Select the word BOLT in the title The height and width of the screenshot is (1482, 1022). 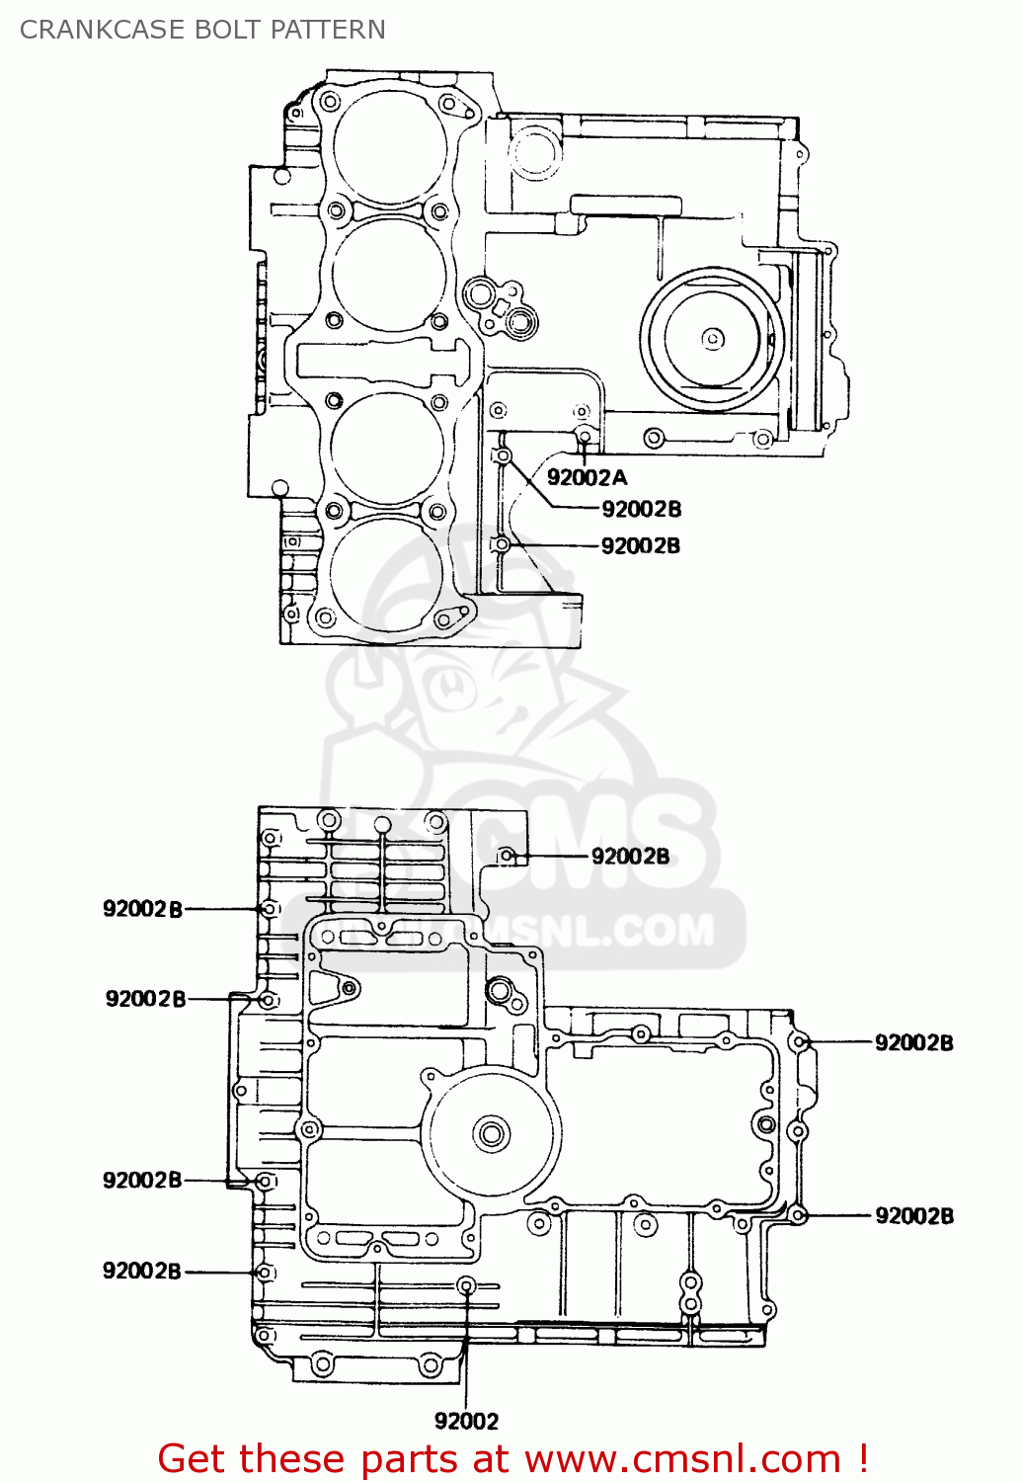(230, 30)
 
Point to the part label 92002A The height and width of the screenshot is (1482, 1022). (587, 478)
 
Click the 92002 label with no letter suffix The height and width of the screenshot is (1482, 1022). (466, 1421)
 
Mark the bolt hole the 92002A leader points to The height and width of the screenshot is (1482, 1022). (585, 436)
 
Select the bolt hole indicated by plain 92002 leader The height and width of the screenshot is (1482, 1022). (467, 1285)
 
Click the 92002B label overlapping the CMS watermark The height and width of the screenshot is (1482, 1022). (630, 857)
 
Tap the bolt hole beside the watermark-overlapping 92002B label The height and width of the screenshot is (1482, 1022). (507, 856)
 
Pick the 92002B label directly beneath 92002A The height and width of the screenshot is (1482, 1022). (641, 509)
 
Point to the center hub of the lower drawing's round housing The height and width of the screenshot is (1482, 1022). (491, 1133)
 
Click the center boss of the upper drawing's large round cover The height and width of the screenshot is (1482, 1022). (712, 339)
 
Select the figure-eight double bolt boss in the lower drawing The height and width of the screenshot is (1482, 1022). (690, 1293)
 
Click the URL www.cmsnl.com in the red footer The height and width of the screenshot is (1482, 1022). (681, 1459)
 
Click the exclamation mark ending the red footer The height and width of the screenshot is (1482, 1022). (863, 1458)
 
